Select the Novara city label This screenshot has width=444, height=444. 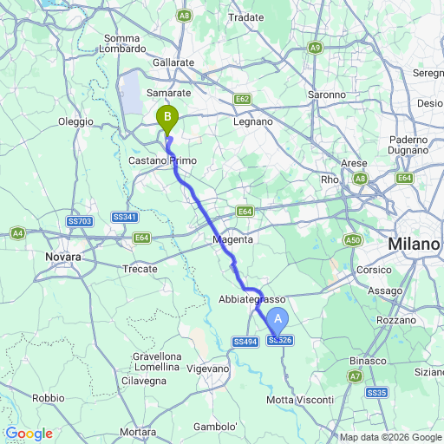(64, 258)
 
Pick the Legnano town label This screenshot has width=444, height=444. (252, 122)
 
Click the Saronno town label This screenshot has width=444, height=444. (327, 94)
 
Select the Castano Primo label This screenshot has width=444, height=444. (164, 161)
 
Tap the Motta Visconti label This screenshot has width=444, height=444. (300, 399)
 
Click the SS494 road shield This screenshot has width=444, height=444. (245, 342)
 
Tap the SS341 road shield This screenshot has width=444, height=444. (124, 217)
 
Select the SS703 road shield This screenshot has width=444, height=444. (80, 221)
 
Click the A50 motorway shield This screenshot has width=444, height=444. (352, 239)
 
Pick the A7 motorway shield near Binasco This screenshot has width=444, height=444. (355, 376)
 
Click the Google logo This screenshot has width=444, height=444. (29, 434)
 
